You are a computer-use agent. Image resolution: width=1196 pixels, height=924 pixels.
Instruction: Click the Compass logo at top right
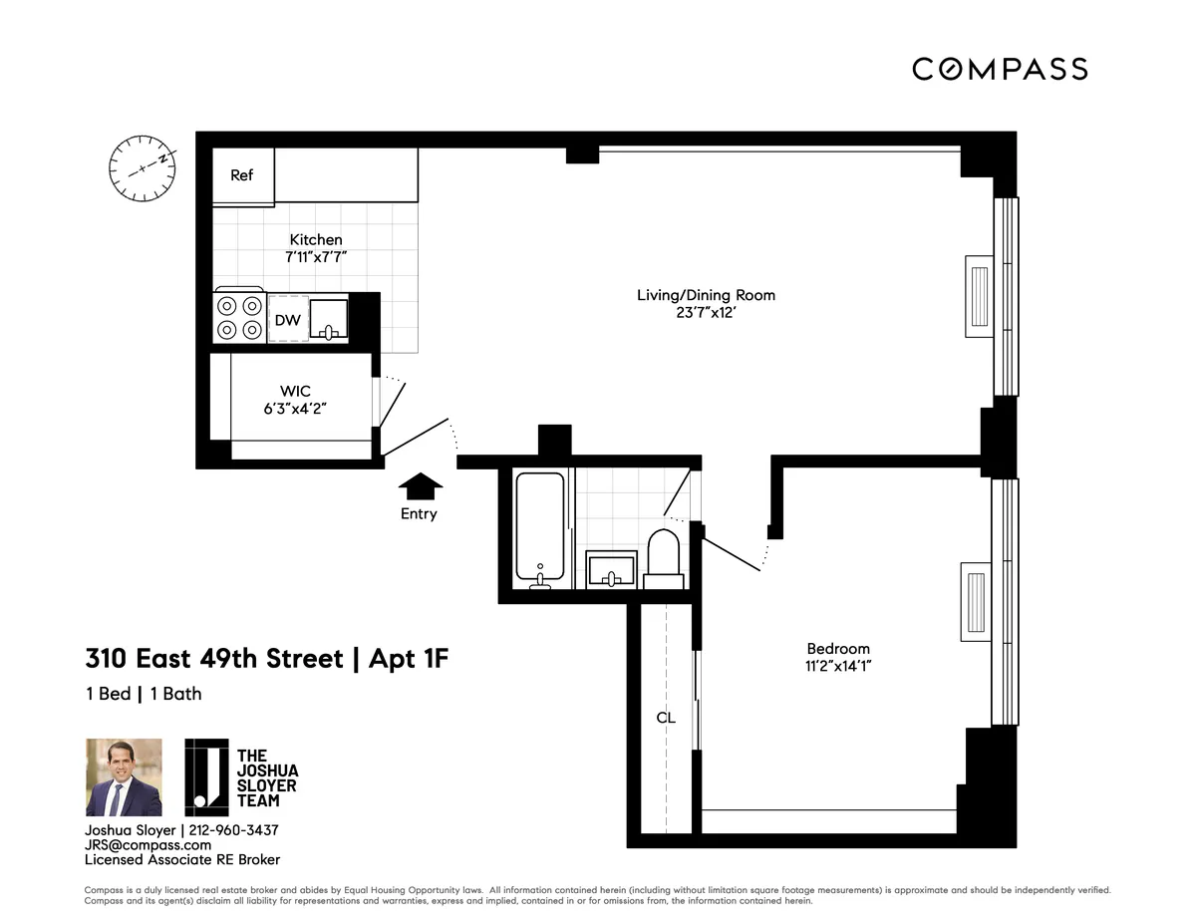click(1000, 69)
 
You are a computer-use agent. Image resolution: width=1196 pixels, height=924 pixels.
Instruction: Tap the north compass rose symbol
click(143, 160)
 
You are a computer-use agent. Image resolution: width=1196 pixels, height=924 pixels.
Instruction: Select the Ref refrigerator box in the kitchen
click(242, 175)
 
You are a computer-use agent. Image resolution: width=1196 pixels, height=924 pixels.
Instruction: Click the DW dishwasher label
click(287, 320)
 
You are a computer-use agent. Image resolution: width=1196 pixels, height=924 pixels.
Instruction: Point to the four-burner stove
click(239, 318)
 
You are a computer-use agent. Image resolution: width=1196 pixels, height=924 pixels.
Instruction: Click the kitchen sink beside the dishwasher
click(328, 319)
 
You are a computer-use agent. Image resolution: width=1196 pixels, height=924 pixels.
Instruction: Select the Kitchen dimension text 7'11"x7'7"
click(315, 257)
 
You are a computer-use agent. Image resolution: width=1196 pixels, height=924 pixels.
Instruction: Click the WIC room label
click(296, 391)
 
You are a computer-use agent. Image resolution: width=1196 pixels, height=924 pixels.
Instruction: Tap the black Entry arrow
click(420, 485)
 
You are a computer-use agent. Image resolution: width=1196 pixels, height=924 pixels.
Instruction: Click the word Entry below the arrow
click(419, 514)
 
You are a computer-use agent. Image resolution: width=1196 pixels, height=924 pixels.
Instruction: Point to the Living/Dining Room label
click(706, 295)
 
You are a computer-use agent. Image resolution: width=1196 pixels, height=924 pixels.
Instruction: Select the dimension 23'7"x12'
click(706, 313)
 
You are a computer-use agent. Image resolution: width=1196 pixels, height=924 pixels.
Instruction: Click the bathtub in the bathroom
click(539, 530)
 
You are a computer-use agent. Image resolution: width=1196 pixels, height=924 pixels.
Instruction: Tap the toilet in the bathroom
click(664, 558)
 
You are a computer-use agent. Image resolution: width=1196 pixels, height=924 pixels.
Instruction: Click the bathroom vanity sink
click(610, 569)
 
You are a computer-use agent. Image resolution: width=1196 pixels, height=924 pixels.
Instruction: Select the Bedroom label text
click(838, 649)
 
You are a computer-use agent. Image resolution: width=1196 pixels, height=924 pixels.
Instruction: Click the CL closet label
click(666, 718)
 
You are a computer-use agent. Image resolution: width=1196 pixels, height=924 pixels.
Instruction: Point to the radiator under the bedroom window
click(975, 602)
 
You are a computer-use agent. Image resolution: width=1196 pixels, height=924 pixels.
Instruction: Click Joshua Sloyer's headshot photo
click(124, 777)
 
